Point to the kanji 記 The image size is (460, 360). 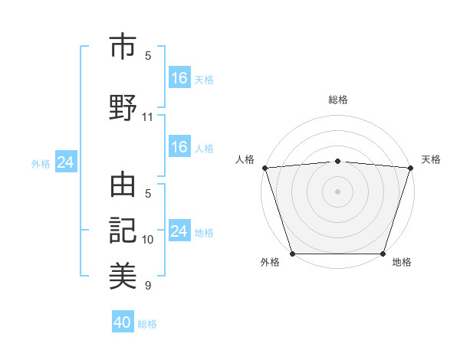pos(123,231)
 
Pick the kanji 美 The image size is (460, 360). pos(123,274)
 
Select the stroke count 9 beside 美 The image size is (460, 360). pos(148,286)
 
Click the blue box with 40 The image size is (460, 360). pos(123,322)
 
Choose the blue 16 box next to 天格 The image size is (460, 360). pos(179,77)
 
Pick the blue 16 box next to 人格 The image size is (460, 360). pos(179,147)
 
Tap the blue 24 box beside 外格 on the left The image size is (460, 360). pos(66,162)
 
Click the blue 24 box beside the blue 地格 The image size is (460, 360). pos(179,231)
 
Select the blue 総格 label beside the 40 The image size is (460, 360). pos(147,324)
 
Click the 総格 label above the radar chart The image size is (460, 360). pos(337,100)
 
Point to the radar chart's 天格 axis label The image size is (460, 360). pos(431,159)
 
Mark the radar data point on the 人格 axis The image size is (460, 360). pos(264,168)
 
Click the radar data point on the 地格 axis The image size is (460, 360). pos(383,254)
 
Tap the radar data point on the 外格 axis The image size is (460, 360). pos(292,254)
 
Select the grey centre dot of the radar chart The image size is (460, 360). pos(337,191)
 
